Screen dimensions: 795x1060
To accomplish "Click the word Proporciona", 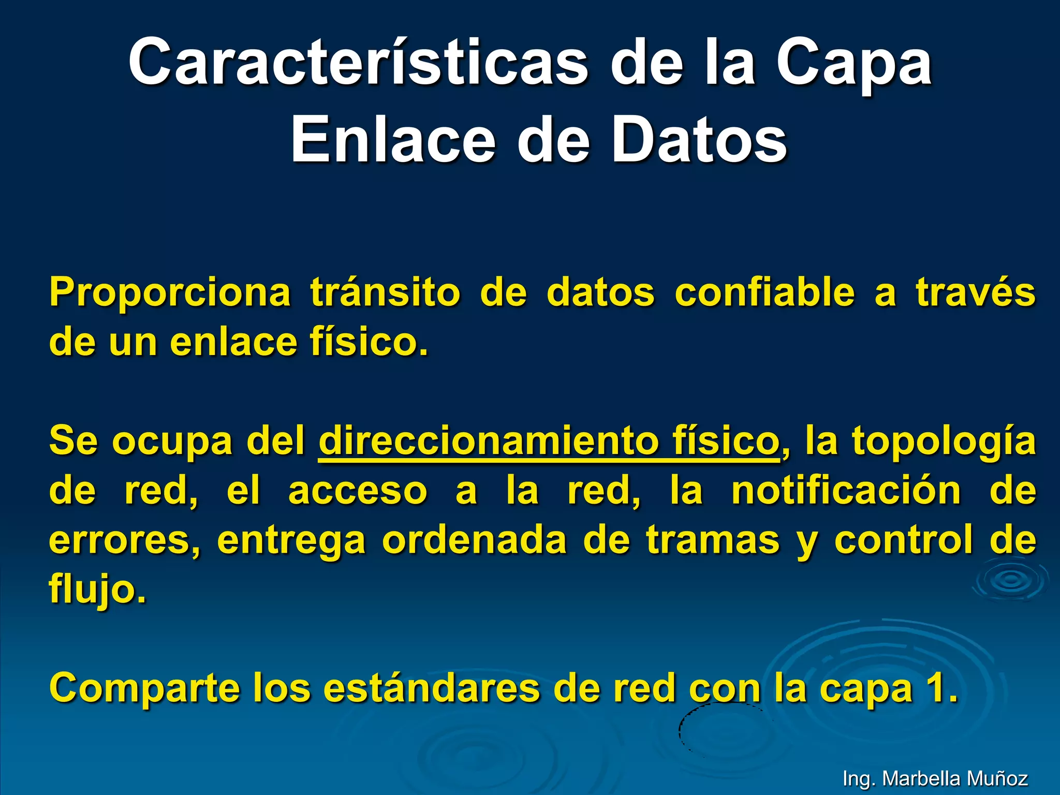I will [x=170, y=293].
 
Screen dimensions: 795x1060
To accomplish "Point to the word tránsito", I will [x=385, y=293].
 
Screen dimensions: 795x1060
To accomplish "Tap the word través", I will [x=975, y=293].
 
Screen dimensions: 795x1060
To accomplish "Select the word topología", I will [x=944, y=441].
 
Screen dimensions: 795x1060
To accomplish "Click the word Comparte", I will [x=145, y=689].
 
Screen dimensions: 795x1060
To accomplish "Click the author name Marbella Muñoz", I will [x=954, y=778].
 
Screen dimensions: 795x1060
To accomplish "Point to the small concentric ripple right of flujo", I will [x=1010, y=581].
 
